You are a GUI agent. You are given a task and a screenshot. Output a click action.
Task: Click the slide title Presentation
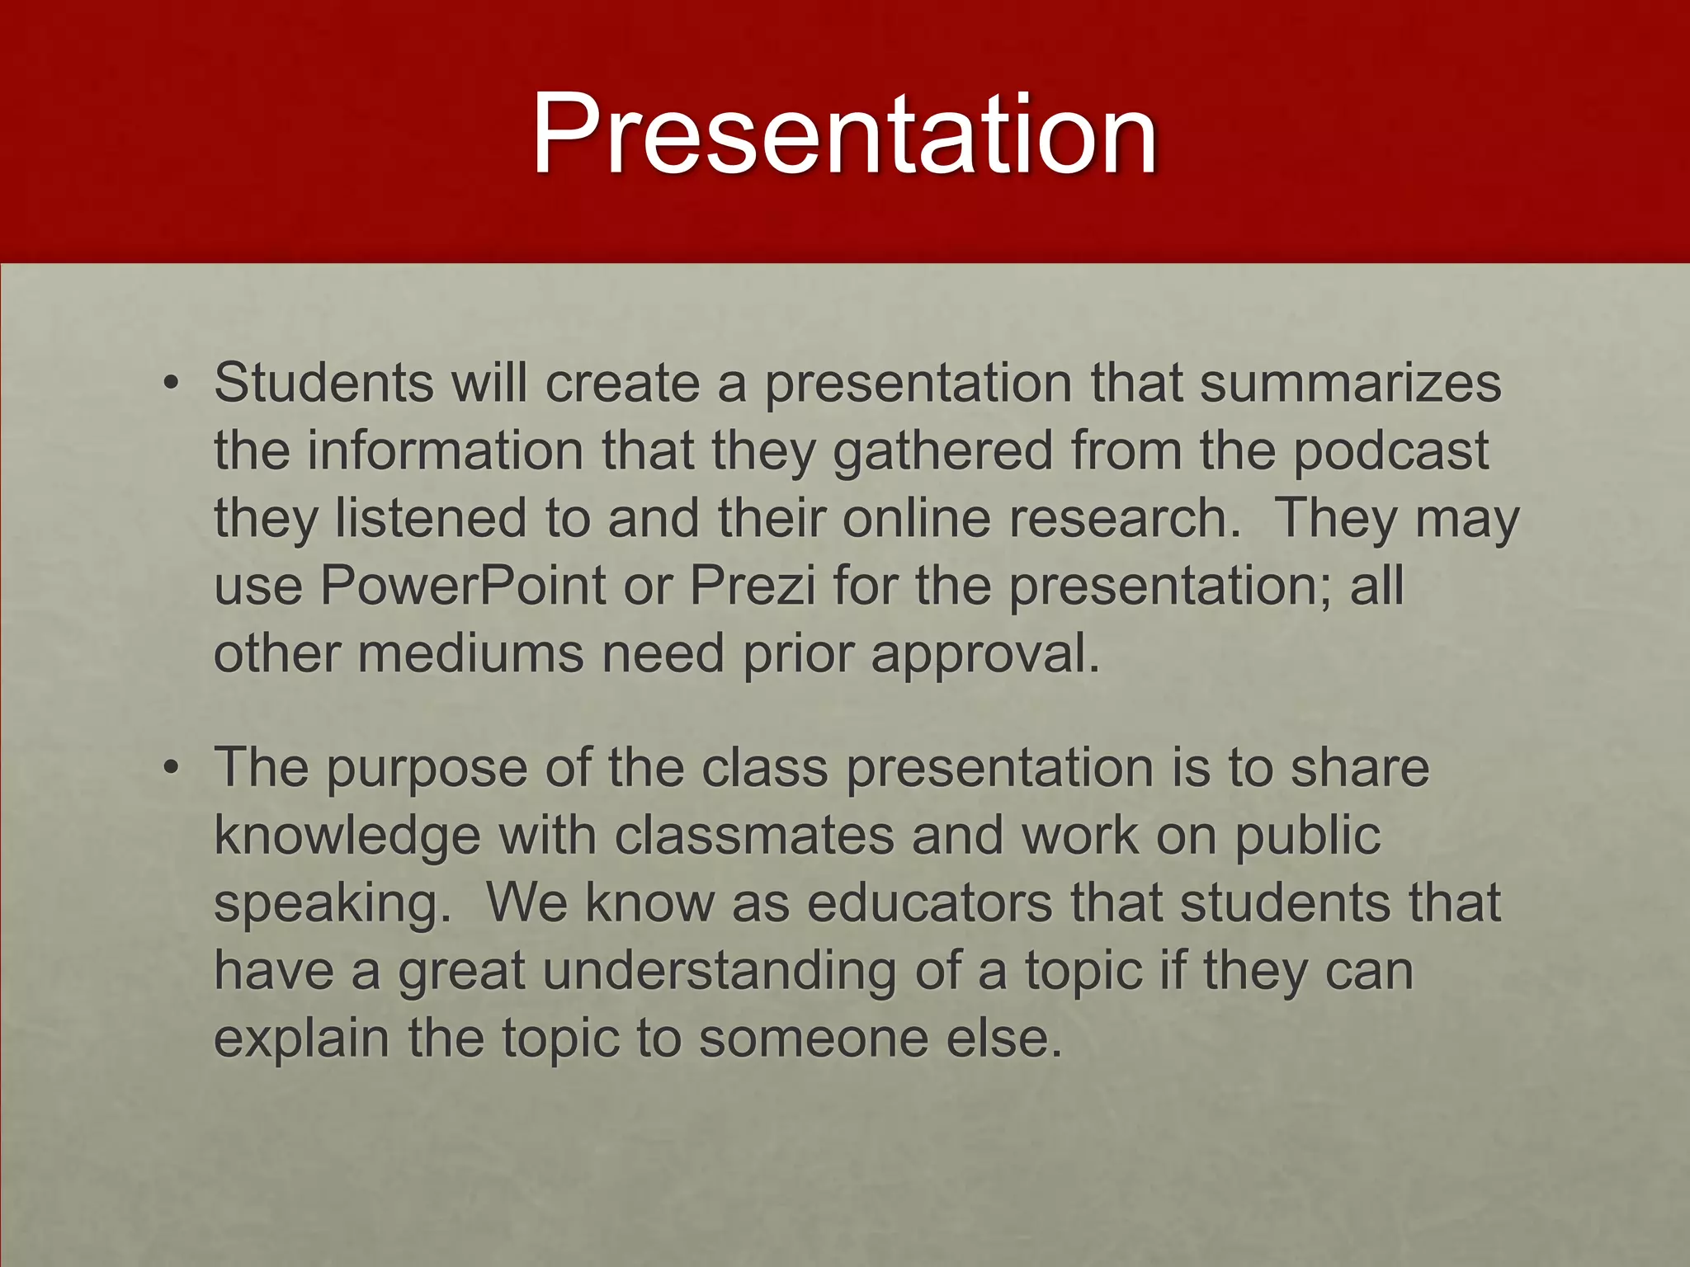point(844,134)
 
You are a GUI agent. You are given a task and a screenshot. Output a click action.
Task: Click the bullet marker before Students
point(171,384)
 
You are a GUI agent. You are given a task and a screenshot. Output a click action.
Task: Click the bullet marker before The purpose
point(171,768)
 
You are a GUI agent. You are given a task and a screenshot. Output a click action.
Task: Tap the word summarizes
point(1350,384)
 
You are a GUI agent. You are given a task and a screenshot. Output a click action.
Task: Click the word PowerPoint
point(463,586)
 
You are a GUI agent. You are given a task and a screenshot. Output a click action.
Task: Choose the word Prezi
point(752,586)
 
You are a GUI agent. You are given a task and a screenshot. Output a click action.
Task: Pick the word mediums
point(470,653)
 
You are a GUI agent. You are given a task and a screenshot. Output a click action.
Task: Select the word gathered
point(943,452)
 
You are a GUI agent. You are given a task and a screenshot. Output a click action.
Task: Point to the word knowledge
point(347,836)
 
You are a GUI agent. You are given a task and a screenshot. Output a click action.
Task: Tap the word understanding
point(718,972)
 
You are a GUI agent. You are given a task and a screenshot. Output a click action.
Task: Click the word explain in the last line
point(301,1039)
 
